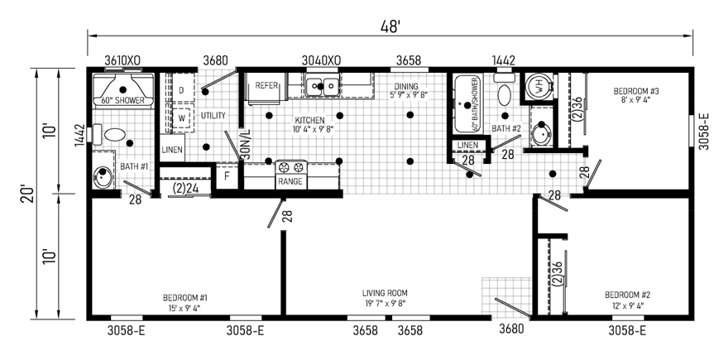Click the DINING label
click(405, 87)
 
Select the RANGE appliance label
click(290, 181)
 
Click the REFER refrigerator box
click(266, 86)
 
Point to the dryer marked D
click(181, 90)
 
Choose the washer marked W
click(181, 118)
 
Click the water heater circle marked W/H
click(536, 84)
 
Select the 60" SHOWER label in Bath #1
click(123, 101)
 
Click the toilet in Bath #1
click(111, 133)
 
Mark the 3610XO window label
click(122, 60)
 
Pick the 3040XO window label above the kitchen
click(319, 60)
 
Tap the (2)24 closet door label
click(184, 187)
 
